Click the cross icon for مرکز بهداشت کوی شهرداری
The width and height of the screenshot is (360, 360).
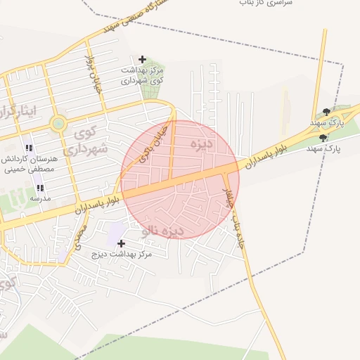coord(143,59)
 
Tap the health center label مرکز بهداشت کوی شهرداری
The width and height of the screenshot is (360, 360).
coord(143,76)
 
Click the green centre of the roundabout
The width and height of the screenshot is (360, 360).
coord(58,124)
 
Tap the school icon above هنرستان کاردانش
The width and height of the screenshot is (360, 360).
coord(29,148)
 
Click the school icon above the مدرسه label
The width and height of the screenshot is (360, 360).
coord(39,188)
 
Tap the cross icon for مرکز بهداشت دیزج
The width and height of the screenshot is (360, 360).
coord(121,243)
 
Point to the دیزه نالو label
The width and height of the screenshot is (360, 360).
coord(163,230)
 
